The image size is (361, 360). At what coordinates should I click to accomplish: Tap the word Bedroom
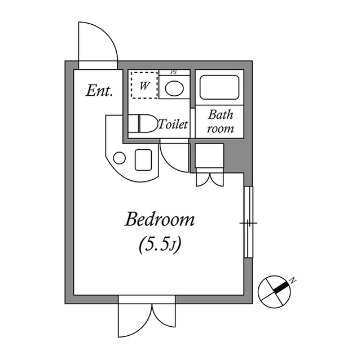point(160,220)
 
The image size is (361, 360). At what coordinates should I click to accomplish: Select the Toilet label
point(173,124)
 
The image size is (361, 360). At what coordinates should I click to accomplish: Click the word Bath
point(221,114)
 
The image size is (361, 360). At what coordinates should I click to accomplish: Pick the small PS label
point(174,73)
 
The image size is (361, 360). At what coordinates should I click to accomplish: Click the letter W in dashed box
point(144,86)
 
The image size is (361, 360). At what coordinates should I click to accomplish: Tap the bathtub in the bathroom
point(219,87)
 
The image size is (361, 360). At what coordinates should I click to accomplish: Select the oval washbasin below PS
point(174,88)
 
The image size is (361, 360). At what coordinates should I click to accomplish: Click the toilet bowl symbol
point(142,124)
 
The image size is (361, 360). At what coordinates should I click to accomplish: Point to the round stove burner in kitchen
point(119,158)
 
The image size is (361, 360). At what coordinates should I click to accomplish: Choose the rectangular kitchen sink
point(143,160)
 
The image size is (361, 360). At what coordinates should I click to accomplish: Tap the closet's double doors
point(210,180)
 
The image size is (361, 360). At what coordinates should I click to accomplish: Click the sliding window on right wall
point(248,222)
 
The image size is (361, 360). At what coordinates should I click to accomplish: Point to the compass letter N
point(293,281)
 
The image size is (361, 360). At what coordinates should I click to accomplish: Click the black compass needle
point(281,287)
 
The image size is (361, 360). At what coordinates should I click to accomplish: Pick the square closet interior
point(209,156)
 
